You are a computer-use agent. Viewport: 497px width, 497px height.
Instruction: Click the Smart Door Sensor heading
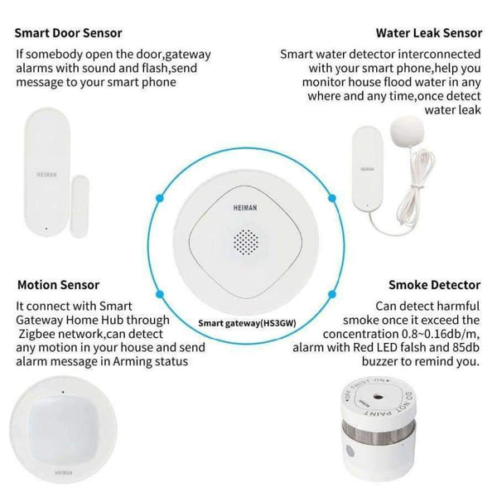(69, 33)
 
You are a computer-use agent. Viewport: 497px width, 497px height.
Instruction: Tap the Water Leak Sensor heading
(428, 33)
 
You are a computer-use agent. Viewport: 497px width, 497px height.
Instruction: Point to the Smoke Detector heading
(434, 285)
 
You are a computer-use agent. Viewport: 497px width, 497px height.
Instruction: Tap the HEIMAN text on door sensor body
(47, 175)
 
